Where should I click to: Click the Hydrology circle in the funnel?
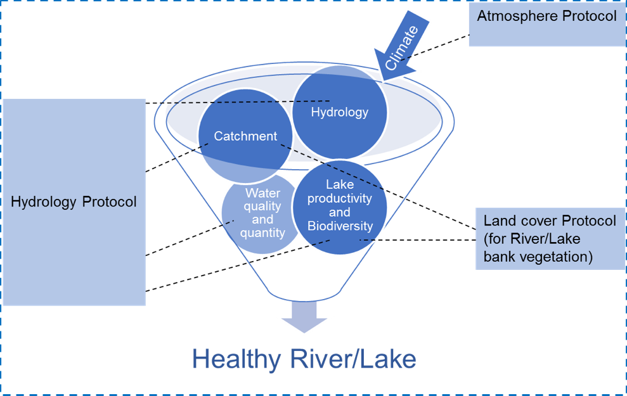click(339, 112)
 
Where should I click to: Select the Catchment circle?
click(245, 136)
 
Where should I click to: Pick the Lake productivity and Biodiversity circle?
click(339, 206)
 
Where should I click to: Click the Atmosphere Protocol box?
click(546, 25)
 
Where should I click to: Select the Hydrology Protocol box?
click(74, 201)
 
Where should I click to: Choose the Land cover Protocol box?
click(549, 238)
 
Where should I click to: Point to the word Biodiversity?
click(340, 226)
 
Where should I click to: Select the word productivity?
click(340, 198)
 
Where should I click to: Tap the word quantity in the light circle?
click(262, 233)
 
